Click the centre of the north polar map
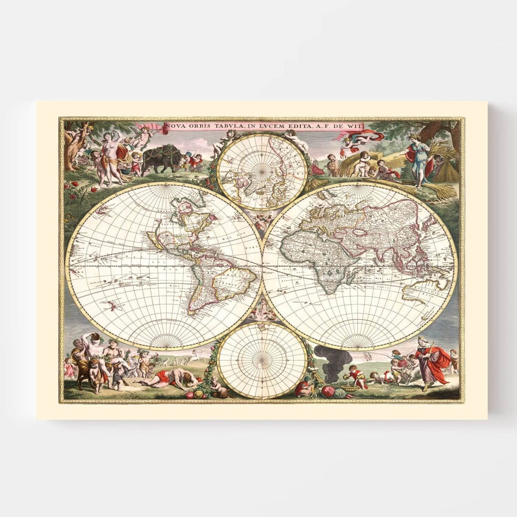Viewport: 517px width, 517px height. click(262, 172)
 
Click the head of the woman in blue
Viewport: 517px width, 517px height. click(411, 139)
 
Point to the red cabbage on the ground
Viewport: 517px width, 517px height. click(328, 391)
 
